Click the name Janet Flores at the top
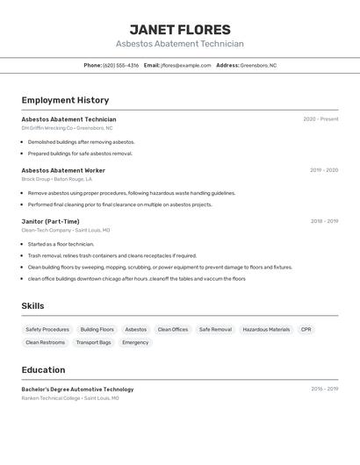180,30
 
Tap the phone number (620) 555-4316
120,65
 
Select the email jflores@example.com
186,65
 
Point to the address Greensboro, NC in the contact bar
258,65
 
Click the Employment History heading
65,100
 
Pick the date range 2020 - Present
320,119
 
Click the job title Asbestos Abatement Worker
63,170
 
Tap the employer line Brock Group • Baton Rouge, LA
57,179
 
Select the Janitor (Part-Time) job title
50,221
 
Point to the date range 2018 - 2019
324,221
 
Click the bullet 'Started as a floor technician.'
61,244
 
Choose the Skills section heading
33,305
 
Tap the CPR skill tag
306,330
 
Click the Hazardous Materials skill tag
266,330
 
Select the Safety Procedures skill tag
47,330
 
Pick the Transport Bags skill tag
93,342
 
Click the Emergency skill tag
135,342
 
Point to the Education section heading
43,369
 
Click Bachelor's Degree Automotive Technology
77,389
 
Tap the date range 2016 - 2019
324,389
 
